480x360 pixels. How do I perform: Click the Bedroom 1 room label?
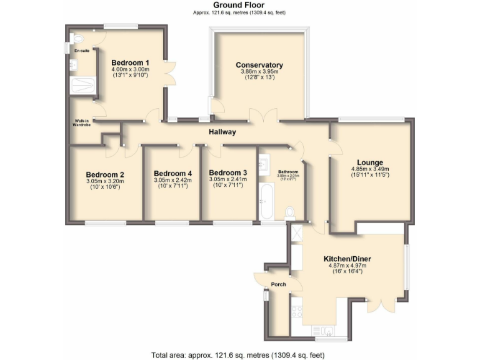pos(130,62)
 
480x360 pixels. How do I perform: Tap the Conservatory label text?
pos(259,65)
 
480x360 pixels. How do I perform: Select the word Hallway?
pos(222,132)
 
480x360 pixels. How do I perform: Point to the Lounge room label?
pos(370,162)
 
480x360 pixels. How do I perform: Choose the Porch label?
pos(278,284)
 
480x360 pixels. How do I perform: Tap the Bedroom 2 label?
pos(105,174)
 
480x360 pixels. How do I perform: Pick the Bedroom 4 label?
pos(172,173)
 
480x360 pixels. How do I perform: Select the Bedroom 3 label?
pos(228,172)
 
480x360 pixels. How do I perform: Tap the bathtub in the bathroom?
pos(266,201)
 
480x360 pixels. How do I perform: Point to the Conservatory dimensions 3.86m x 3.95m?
pos(259,72)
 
